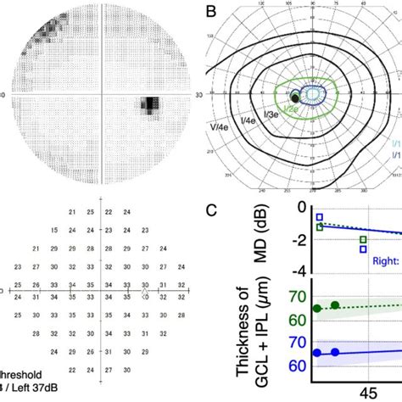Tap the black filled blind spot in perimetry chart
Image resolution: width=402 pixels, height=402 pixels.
point(294,99)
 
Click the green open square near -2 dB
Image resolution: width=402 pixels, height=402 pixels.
point(363,240)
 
